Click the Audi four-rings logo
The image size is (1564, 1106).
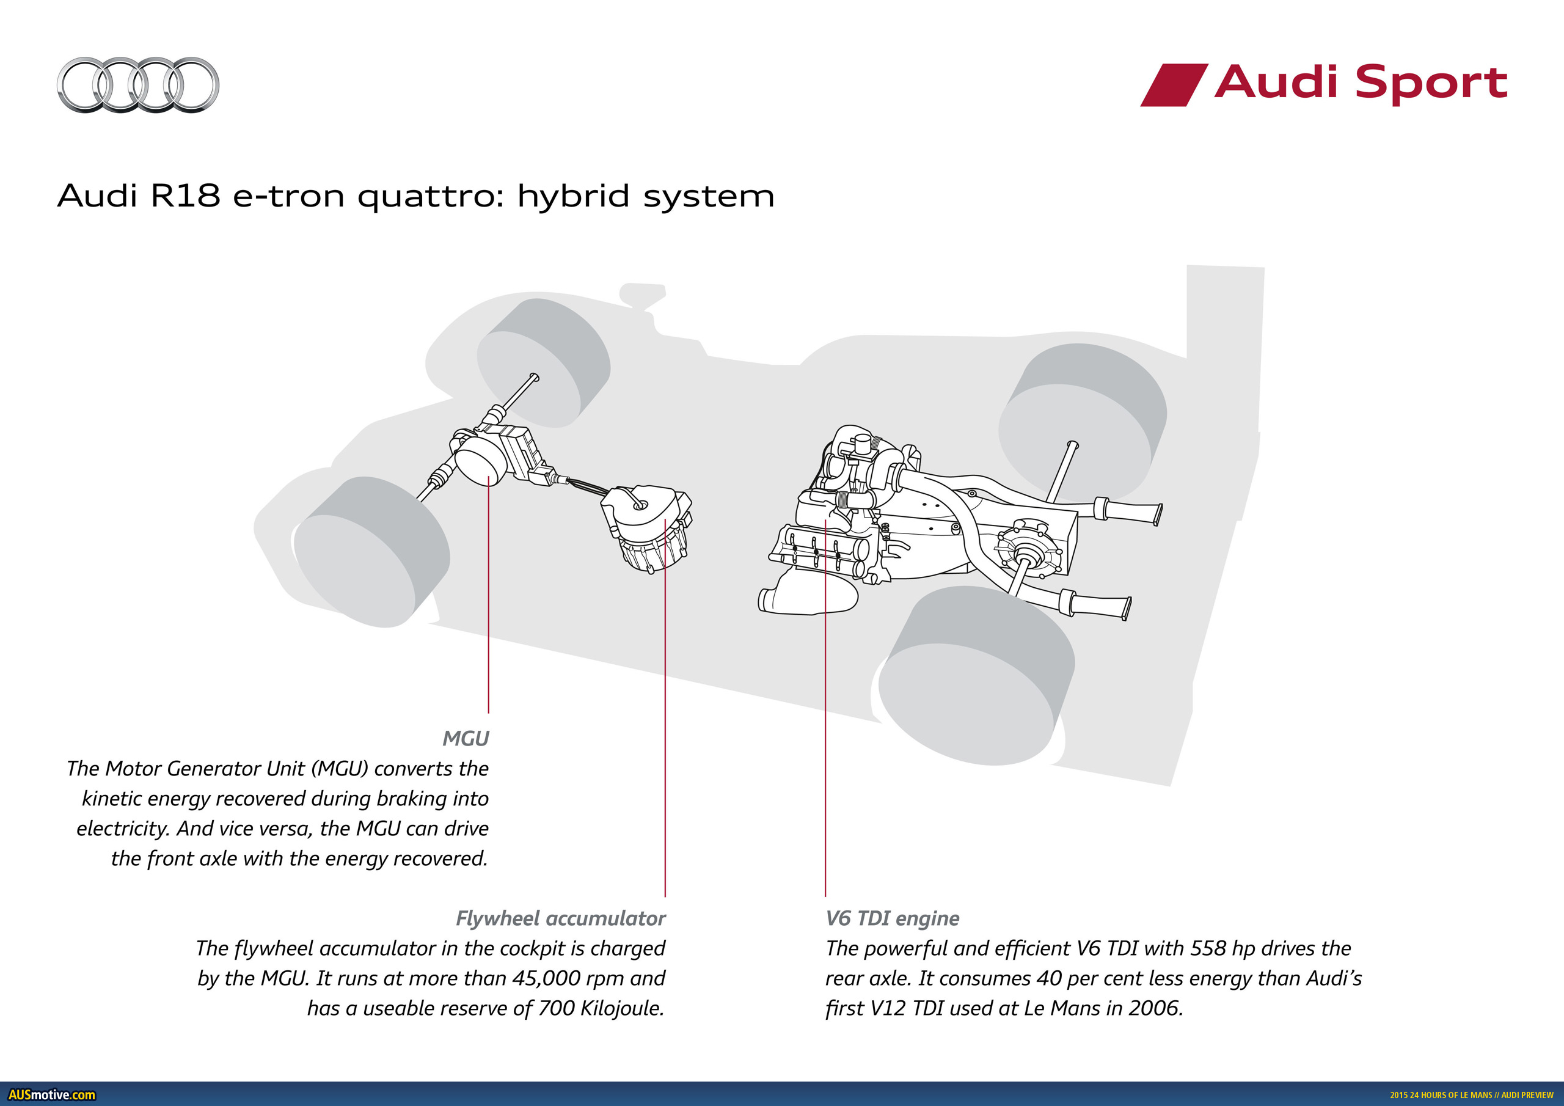click(137, 84)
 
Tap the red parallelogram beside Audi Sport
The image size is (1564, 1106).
click(1173, 84)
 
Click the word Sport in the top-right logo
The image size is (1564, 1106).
click(1430, 83)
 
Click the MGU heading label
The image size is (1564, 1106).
click(466, 738)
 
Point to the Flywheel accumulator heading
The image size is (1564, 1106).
click(560, 918)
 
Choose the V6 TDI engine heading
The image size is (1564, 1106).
click(893, 918)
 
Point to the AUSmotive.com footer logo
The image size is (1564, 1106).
click(52, 1094)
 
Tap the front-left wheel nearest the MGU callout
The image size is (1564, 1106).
click(371, 552)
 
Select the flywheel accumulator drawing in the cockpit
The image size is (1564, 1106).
click(647, 528)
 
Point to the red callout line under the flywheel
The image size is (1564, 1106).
click(665, 716)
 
